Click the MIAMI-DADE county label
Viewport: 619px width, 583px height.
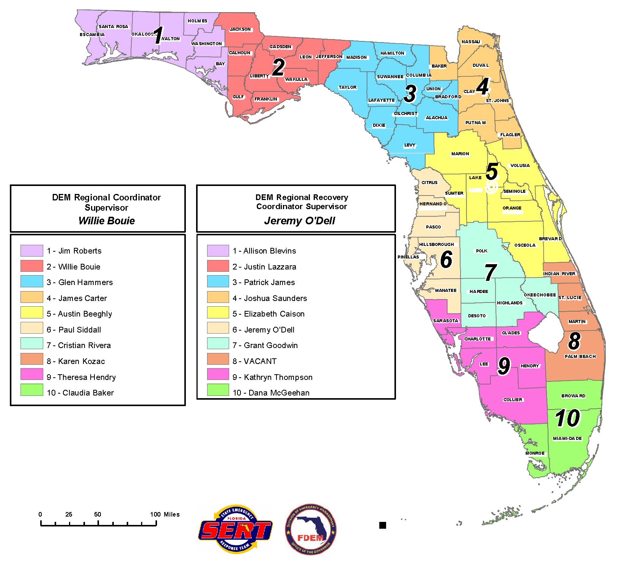coord(567,438)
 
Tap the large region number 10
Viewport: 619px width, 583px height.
coord(568,418)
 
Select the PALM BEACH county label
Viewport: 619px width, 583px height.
coord(580,356)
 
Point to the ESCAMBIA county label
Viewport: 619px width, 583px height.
coord(92,35)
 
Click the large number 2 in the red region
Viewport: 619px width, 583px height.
coord(279,68)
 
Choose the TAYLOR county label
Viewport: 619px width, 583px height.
coord(347,87)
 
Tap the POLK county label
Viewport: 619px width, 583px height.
coord(482,251)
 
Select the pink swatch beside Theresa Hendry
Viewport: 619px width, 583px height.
coord(32,374)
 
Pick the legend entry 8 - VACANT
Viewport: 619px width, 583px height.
coord(255,361)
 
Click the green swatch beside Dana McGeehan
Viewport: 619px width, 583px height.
coord(218,390)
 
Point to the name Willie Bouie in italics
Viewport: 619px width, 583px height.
coord(107,221)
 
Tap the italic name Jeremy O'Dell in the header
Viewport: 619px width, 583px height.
coord(300,221)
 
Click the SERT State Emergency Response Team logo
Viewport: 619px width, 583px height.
coord(236,529)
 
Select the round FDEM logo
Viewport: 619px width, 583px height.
coord(311,529)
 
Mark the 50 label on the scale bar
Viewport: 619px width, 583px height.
coord(97,514)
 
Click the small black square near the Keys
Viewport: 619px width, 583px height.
coord(383,525)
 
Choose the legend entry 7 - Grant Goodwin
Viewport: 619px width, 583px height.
coord(265,345)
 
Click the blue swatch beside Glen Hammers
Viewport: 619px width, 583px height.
coord(32,281)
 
